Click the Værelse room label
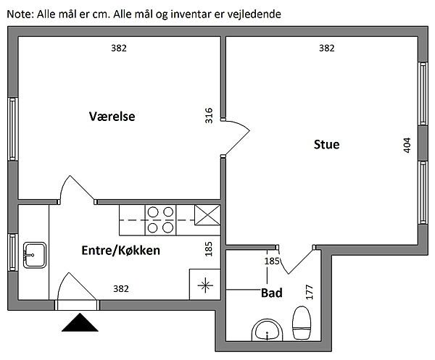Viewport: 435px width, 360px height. pyautogui.click(x=112, y=116)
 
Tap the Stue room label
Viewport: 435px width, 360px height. pyautogui.click(x=326, y=144)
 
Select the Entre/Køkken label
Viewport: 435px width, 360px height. pyautogui.click(x=120, y=251)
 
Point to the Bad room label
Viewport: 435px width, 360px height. pyautogui.click(x=272, y=293)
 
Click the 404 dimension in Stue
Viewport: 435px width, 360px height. pyautogui.click(x=407, y=145)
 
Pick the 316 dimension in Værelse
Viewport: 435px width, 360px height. pyautogui.click(x=209, y=116)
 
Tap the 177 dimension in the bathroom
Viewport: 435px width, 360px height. pyautogui.click(x=310, y=292)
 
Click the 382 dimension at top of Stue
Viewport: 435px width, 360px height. pyautogui.click(x=327, y=49)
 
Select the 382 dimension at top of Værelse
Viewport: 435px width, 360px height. pyautogui.click(x=119, y=49)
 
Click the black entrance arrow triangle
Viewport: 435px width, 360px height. pyautogui.click(x=80, y=323)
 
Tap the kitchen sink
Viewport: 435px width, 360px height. pyautogui.click(x=35, y=255)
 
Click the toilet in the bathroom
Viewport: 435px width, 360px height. pyautogui.click(x=302, y=323)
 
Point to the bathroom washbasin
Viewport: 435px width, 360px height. pyautogui.click(x=267, y=330)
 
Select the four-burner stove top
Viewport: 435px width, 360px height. pyautogui.click(x=160, y=220)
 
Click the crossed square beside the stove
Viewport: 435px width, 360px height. pyautogui.click(x=207, y=215)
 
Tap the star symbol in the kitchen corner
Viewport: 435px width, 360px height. pyautogui.click(x=205, y=285)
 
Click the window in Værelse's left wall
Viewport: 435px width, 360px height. pyautogui.click(x=13, y=129)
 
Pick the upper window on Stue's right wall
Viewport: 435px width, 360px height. pyautogui.click(x=423, y=93)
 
